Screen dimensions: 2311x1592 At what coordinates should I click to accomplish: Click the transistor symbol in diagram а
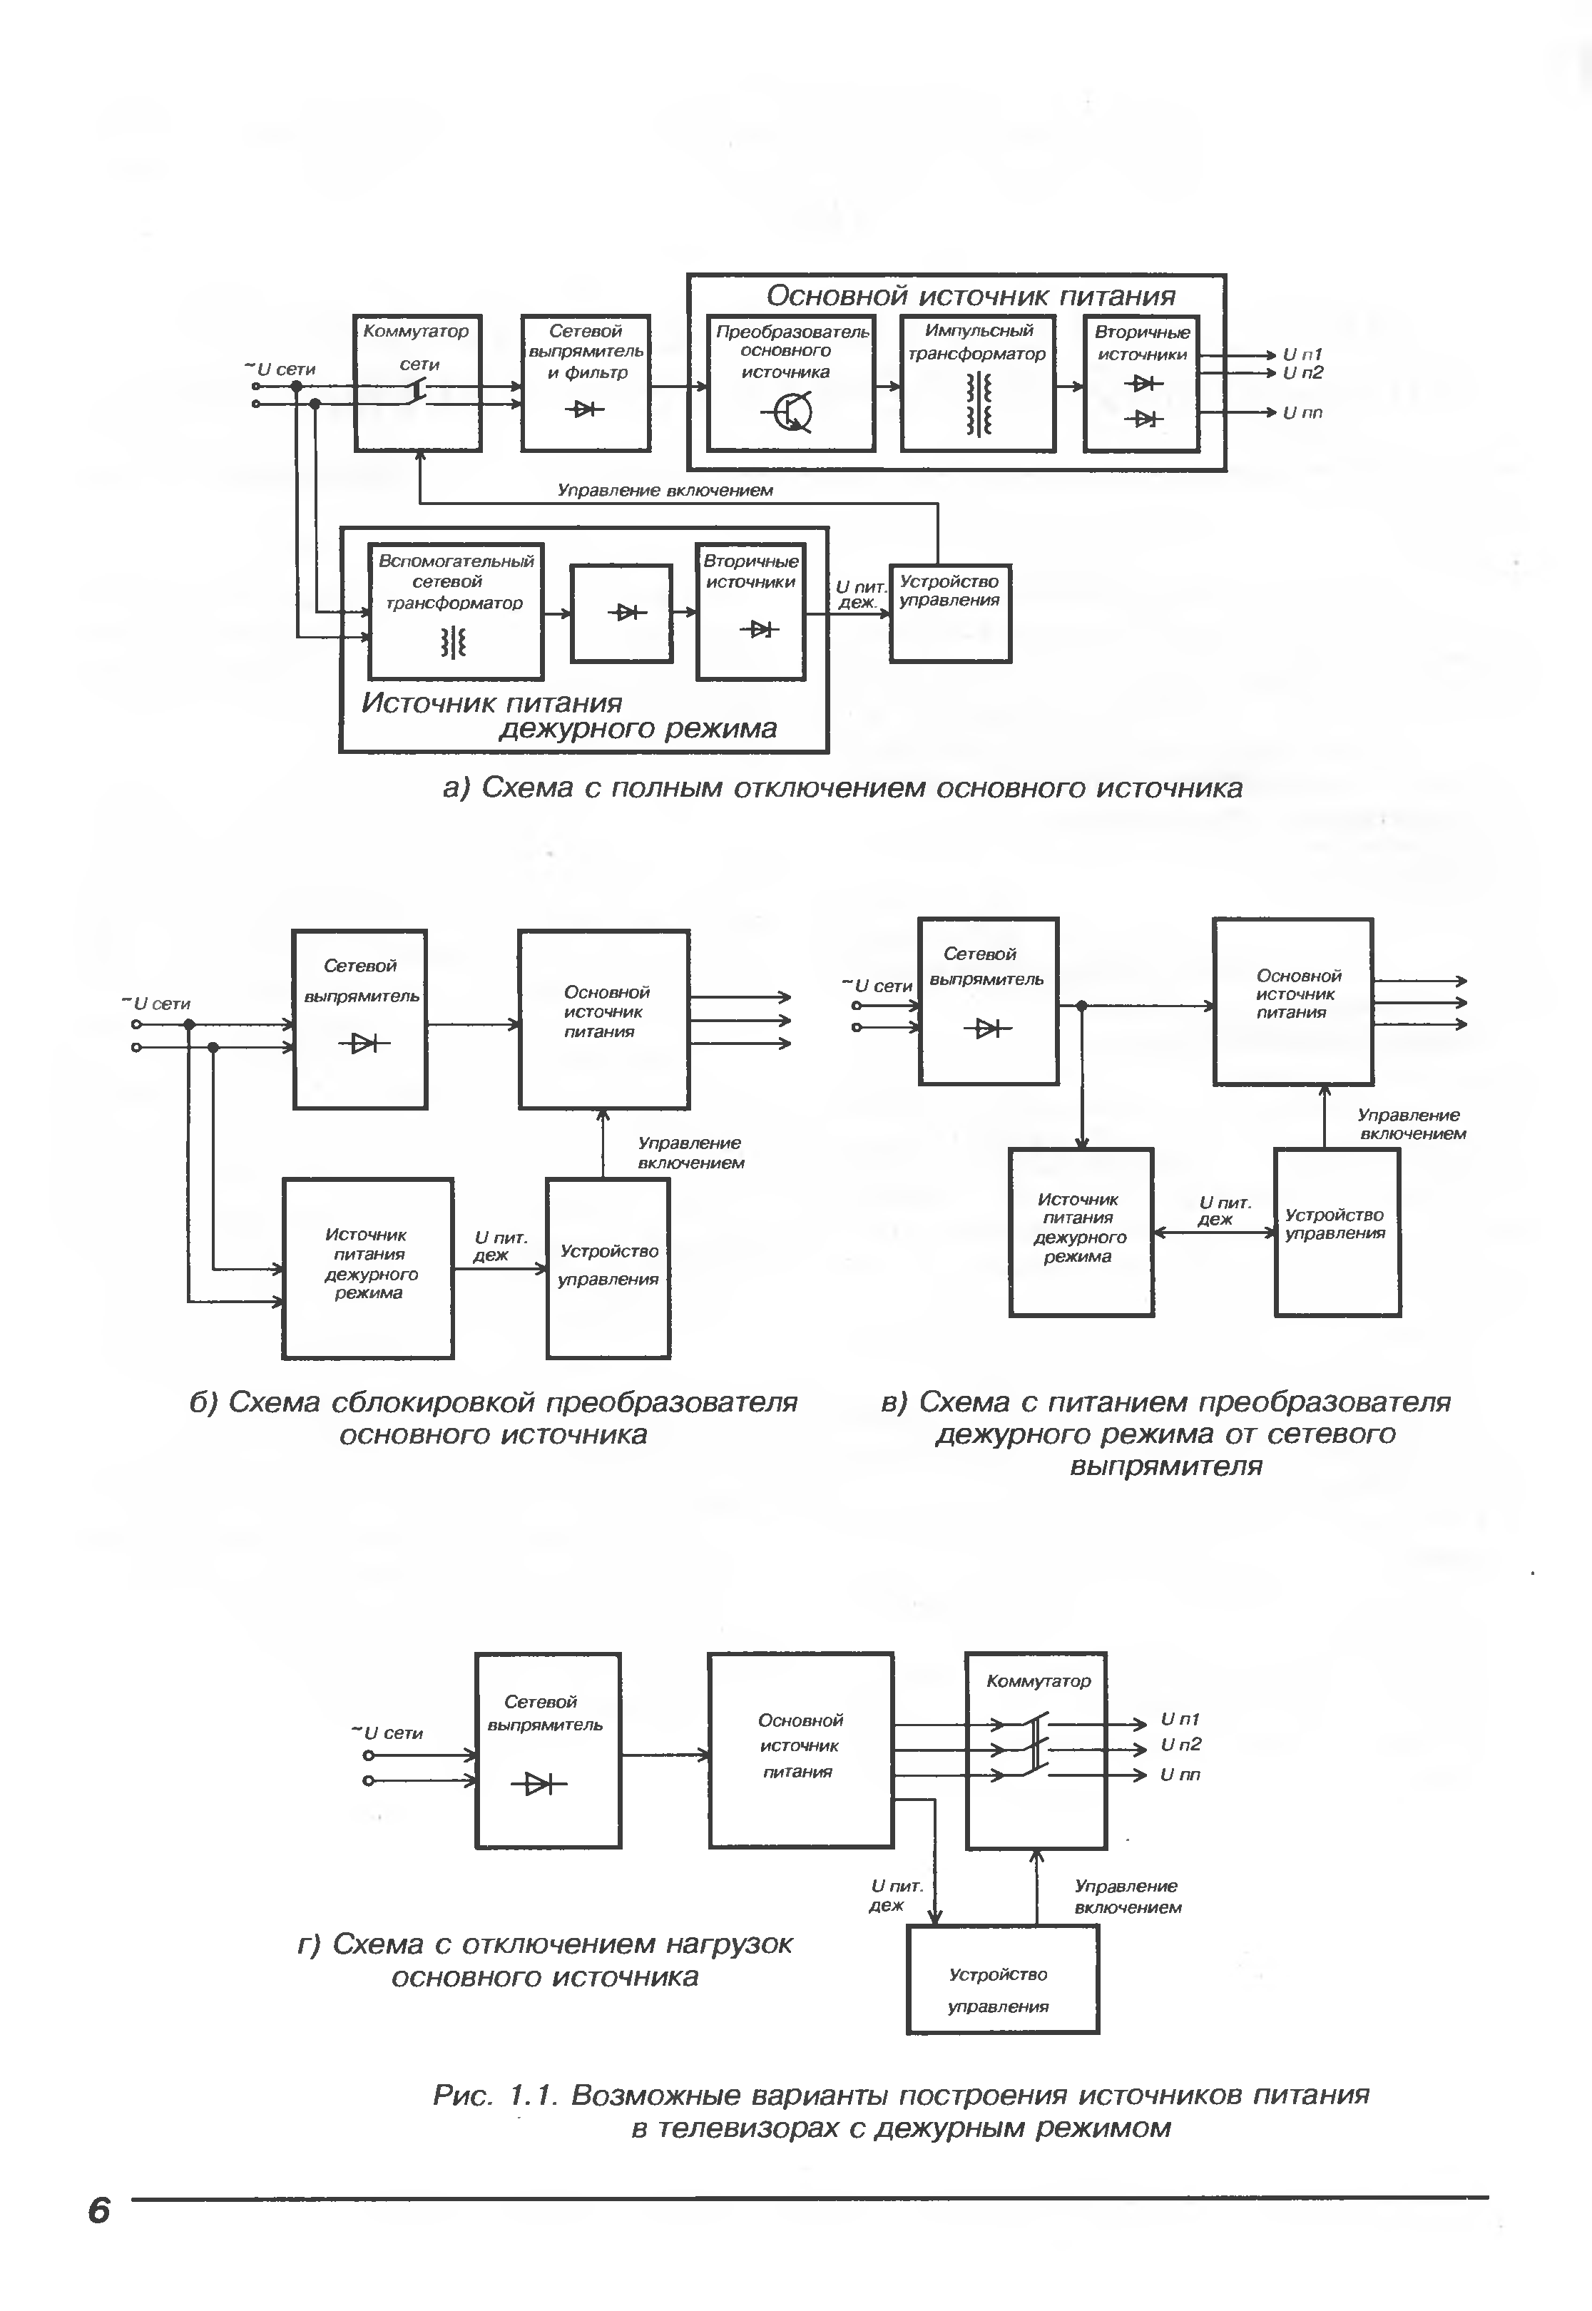(x=793, y=411)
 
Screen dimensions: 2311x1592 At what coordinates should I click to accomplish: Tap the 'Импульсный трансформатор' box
(x=978, y=383)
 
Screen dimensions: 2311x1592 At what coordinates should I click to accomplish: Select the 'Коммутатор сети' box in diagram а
(x=418, y=383)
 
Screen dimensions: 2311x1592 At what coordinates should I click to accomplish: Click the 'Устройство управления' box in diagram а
(x=949, y=613)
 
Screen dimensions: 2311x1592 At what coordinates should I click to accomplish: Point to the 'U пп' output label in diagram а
(x=1302, y=413)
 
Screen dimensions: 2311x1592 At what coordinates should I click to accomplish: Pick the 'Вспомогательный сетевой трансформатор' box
(x=456, y=611)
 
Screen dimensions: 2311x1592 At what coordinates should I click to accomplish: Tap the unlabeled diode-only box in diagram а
(x=621, y=613)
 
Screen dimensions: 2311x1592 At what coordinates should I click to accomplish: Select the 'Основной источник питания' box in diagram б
(x=603, y=1019)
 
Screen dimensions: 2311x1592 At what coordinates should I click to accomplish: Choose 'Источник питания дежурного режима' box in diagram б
(x=368, y=1267)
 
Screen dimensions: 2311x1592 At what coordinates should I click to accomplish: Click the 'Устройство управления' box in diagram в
(x=1337, y=1232)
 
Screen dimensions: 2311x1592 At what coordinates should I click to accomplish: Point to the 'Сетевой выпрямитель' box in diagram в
(x=988, y=1001)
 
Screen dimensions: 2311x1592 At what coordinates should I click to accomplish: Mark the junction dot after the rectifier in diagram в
(x=1081, y=1006)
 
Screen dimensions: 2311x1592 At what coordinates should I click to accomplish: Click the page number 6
(x=98, y=2210)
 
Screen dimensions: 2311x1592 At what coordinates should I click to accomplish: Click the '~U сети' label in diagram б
(x=157, y=1004)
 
